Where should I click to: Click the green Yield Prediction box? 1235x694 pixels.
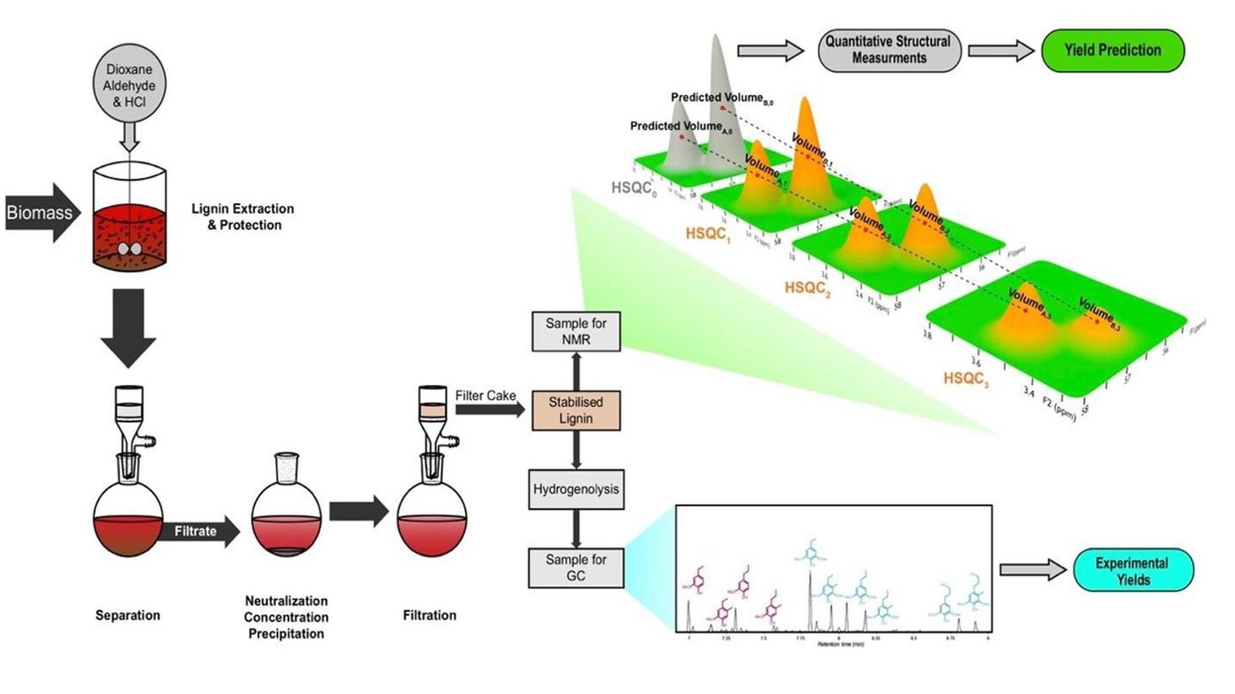[x=1111, y=50]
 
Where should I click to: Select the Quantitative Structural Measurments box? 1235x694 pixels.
[x=888, y=51]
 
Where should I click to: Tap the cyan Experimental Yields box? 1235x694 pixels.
[x=1131, y=570]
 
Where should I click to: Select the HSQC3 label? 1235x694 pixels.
[x=966, y=377]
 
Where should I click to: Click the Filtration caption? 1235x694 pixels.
[x=429, y=615]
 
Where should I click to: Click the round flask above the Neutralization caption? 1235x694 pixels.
[x=286, y=523]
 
